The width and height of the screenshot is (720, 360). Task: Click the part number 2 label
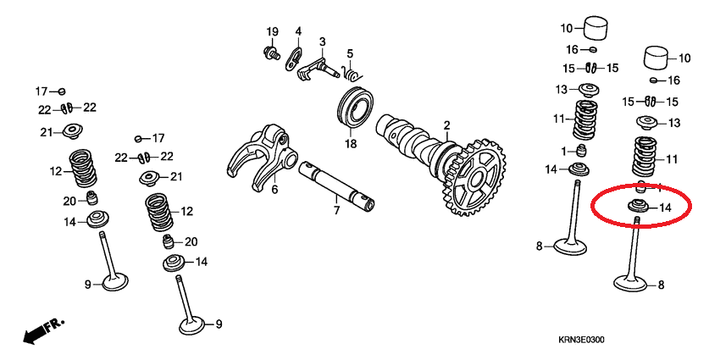point(446,125)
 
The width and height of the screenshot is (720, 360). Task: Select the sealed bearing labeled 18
point(356,106)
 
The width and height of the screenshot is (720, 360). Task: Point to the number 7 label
point(335,209)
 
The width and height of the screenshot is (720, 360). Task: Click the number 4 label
point(298,32)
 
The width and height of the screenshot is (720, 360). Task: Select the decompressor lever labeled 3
point(314,64)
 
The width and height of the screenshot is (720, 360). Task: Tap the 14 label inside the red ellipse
point(664,207)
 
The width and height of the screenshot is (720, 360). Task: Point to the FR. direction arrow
point(42,329)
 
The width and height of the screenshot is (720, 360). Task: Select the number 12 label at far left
point(56,171)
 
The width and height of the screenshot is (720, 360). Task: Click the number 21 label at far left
point(46,131)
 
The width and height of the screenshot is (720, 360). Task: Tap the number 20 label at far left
point(69,200)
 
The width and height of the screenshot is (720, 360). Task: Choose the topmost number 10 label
point(567,26)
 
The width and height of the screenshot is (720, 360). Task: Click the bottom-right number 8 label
point(661,285)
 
